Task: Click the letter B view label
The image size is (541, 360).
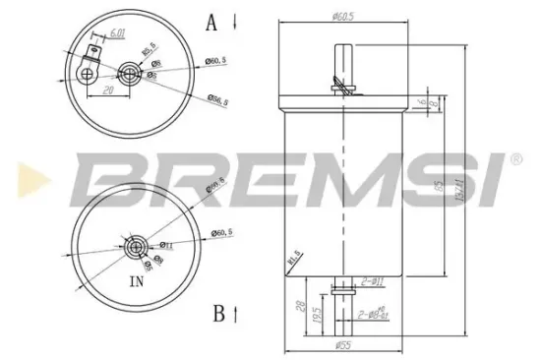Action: (x=217, y=315)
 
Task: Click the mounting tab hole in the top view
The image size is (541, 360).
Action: (x=89, y=71)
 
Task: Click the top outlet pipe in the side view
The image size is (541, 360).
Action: (x=339, y=69)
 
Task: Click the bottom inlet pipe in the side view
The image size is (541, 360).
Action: (x=339, y=310)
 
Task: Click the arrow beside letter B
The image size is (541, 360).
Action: (x=237, y=315)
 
